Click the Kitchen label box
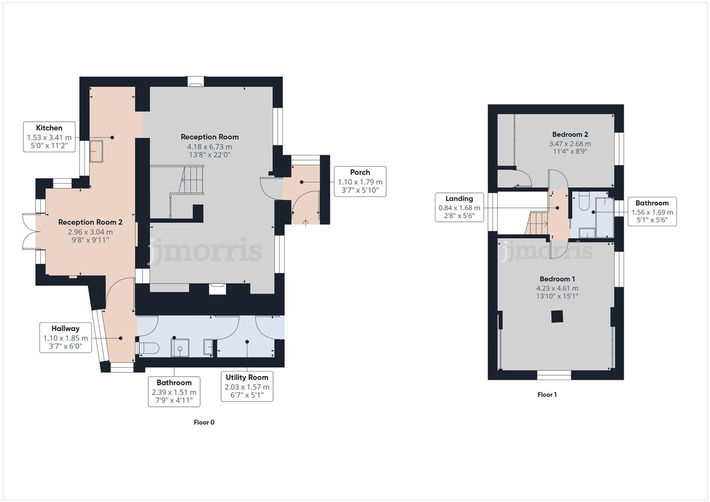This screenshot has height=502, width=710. (x=49, y=137)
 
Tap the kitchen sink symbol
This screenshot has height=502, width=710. (x=96, y=151)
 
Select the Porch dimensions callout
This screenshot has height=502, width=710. (x=360, y=182)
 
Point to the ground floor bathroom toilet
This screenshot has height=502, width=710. (x=147, y=348)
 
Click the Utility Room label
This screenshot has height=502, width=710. (x=247, y=377)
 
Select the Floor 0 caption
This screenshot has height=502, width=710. (x=204, y=422)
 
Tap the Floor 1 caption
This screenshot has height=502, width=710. (x=547, y=395)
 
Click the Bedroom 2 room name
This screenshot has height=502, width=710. (x=570, y=134)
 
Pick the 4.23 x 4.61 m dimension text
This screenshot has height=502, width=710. (x=557, y=288)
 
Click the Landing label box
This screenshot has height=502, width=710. (x=459, y=208)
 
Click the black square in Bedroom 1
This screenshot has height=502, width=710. (x=557, y=316)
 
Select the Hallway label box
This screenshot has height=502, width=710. (x=65, y=337)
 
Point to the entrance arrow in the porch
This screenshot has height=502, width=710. (x=306, y=222)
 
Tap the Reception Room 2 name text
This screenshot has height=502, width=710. (x=90, y=222)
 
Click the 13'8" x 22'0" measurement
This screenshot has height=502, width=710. (x=209, y=155)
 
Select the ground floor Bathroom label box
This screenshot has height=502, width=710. (x=174, y=392)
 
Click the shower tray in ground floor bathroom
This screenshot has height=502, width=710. (x=180, y=348)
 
